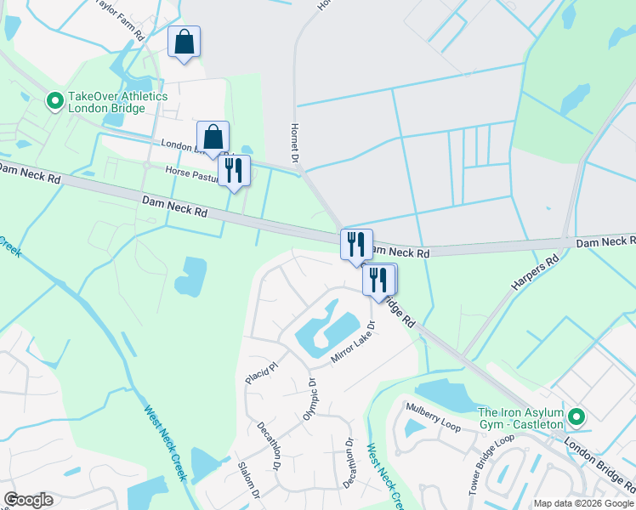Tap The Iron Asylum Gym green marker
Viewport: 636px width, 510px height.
[x=577, y=416]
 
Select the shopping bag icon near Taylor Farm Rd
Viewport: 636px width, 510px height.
[x=185, y=42]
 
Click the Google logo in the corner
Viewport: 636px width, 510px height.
[x=28, y=500]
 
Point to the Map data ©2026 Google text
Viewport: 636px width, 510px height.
[x=583, y=503]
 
